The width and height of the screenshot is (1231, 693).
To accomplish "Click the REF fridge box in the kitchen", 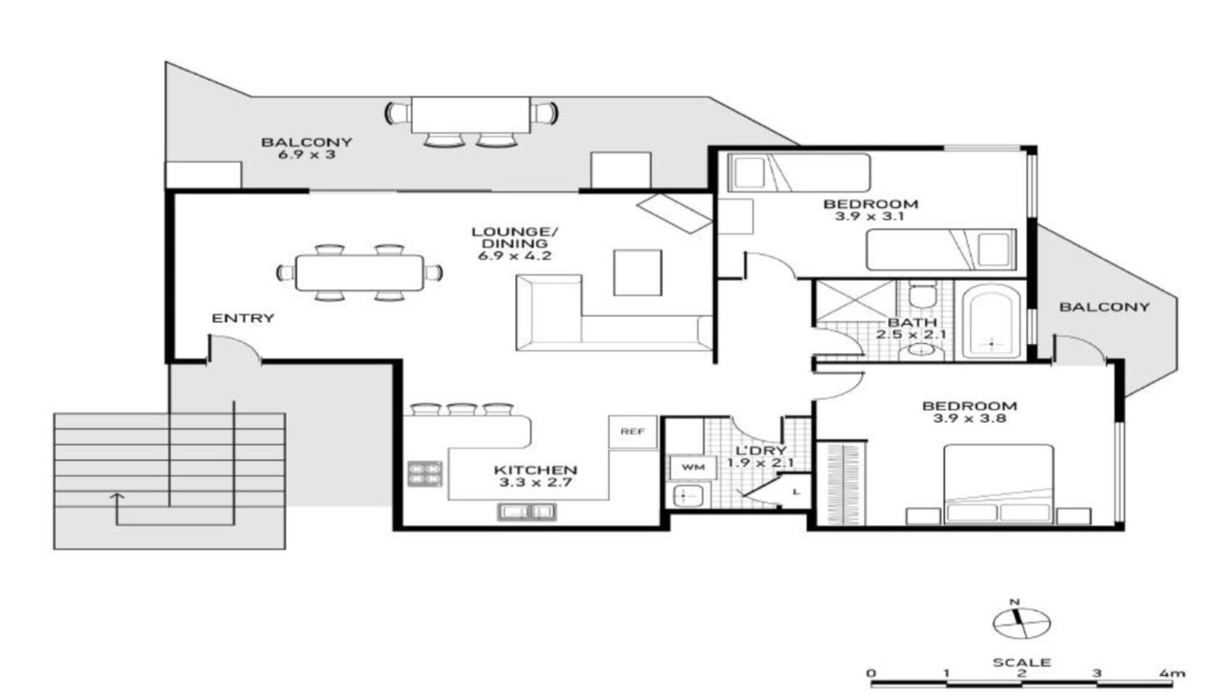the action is (x=632, y=432).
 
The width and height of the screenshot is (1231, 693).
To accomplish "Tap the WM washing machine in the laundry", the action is (x=693, y=467).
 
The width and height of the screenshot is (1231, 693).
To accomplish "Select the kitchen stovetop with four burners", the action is (x=425, y=474).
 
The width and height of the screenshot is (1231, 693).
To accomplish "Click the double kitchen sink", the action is (x=527, y=511).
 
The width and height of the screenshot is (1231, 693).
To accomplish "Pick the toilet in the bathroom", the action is (x=923, y=295).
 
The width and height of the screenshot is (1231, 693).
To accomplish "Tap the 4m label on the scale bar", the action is (x=1172, y=673).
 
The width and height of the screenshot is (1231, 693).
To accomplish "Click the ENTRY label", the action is (x=242, y=318).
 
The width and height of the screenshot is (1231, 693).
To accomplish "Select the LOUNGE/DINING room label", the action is (x=514, y=237).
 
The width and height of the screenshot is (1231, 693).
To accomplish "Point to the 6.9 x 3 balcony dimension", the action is (x=307, y=155).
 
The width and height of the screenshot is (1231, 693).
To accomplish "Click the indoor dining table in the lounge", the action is (x=359, y=273).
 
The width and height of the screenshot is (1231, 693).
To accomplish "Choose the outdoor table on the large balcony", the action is (x=471, y=116).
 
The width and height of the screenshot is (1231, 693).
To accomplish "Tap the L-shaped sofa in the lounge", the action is (x=614, y=313).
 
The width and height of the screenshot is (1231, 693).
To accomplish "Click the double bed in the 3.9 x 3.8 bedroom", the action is (x=998, y=484).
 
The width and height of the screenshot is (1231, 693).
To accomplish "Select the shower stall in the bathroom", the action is (x=854, y=300).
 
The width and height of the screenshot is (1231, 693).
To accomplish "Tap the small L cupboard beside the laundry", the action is (x=796, y=492).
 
